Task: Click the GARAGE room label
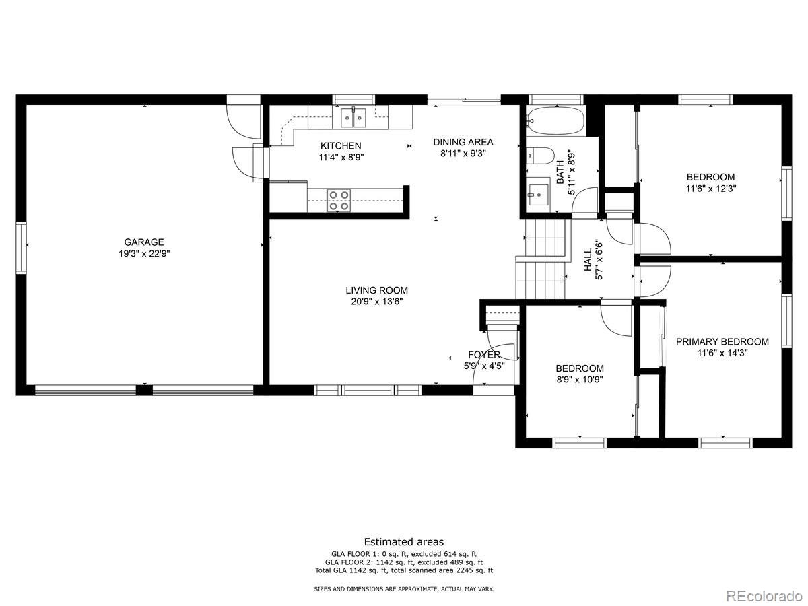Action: [x=143, y=242]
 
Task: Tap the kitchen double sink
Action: [x=353, y=117]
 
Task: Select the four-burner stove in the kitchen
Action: [x=339, y=201]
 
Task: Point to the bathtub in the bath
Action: [x=555, y=120]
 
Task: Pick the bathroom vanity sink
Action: [x=538, y=195]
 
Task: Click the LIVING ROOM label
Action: [x=376, y=290]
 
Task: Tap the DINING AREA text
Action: [x=463, y=142]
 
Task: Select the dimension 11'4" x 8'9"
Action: [x=341, y=158]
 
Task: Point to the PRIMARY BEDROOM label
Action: [x=722, y=342]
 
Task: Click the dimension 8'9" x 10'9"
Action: [x=580, y=379]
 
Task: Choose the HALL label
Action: [x=588, y=260]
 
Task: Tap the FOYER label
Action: [x=484, y=355]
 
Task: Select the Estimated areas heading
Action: [x=404, y=542]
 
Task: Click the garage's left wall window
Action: [x=22, y=247]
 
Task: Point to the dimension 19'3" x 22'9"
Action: [x=144, y=254]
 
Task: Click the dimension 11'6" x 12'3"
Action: [x=711, y=189]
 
